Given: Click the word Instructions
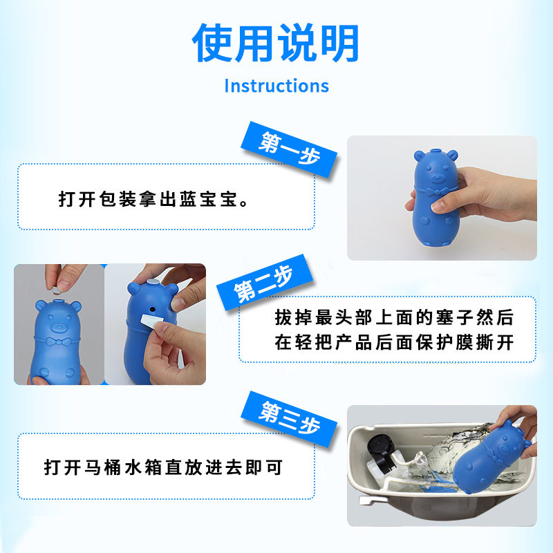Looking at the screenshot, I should pyautogui.click(x=276, y=86).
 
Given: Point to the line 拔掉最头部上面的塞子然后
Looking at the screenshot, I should pyautogui.click(x=394, y=318).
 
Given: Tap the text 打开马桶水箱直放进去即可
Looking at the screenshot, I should pyautogui.click(x=163, y=468).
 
